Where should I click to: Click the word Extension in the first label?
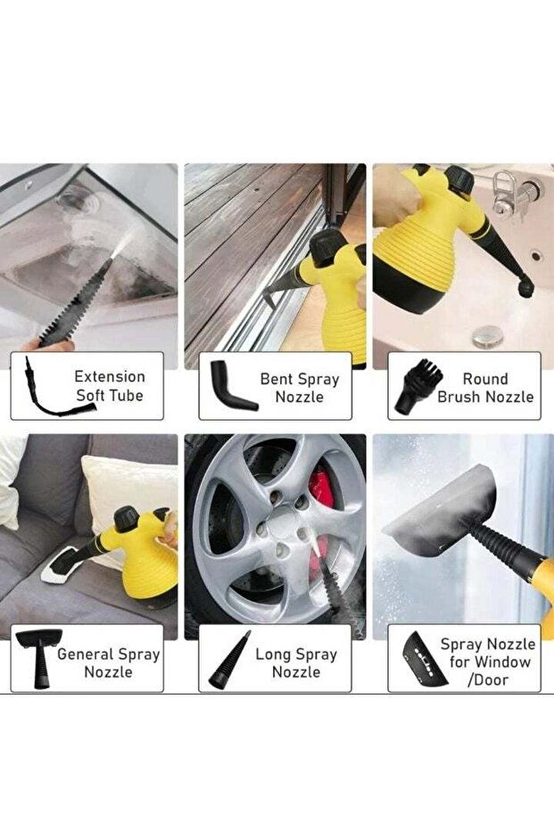tap(110, 377)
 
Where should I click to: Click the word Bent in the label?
tap(277, 379)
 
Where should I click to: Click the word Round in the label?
tap(485, 379)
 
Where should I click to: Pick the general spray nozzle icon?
tap(39, 658)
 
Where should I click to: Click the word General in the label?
tap(85, 654)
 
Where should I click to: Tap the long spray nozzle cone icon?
tap(228, 660)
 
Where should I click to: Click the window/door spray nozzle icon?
tap(423, 660)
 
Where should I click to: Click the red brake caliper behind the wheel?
tap(322, 487)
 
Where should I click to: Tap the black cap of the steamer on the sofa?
tap(127, 519)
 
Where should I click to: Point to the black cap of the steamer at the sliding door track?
tap(328, 248)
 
